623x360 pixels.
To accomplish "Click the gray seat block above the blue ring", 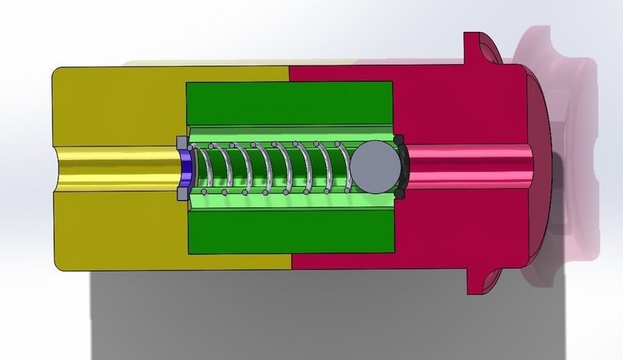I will [x=180, y=143].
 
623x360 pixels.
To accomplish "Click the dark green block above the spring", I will [x=288, y=101].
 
